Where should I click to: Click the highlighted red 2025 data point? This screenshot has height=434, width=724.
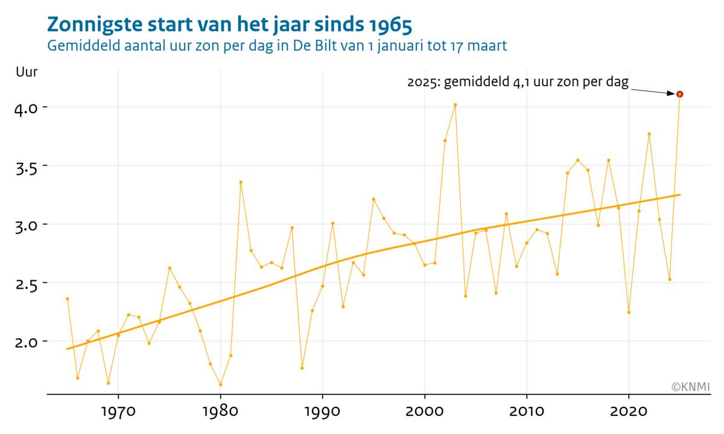coord(679,94)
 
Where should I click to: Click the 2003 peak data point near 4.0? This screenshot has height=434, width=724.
coord(456,105)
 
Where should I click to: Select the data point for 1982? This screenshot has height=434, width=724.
coord(241,182)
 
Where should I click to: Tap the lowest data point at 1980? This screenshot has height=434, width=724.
coord(220,385)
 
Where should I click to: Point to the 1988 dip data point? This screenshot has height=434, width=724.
coord(302,368)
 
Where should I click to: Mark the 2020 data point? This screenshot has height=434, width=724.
coord(629,312)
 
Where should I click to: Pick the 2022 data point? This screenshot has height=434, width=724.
coord(649,134)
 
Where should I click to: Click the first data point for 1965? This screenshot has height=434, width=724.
coord(68,298)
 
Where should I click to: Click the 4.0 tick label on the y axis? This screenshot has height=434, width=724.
coord(27,108)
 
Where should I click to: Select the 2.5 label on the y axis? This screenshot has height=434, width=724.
coord(27,283)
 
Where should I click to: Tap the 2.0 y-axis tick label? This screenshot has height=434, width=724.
coord(27,342)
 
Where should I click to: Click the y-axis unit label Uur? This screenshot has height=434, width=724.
coord(27,72)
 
